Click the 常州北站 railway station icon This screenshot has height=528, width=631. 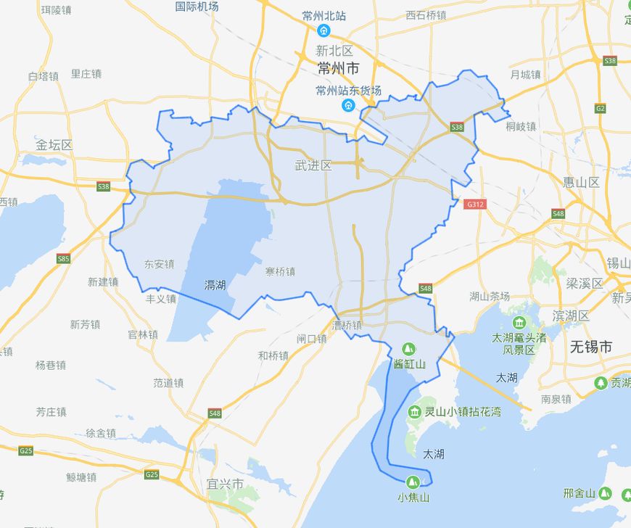pos(324,30)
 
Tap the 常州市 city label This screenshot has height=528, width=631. pos(339,69)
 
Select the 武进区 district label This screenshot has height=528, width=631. pos(313,166)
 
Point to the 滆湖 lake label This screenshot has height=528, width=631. pos(215,285)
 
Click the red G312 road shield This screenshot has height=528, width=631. pos(475,205)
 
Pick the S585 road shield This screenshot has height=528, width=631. pos(64,258)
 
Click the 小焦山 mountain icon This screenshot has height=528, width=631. pos(413,481)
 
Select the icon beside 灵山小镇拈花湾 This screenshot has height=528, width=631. pos(414,412)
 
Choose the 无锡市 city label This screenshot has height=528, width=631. pos(591,347)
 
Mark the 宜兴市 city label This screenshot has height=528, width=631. pos(225,484)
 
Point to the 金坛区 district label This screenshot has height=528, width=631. pos(54,144)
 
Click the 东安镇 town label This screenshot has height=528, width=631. pos(159,264)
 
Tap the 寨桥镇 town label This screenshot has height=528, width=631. pos(280,272)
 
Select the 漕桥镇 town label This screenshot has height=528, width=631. pos(347,326)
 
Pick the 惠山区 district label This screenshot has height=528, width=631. pos(582,182)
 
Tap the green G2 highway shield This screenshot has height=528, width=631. pos(600,108)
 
